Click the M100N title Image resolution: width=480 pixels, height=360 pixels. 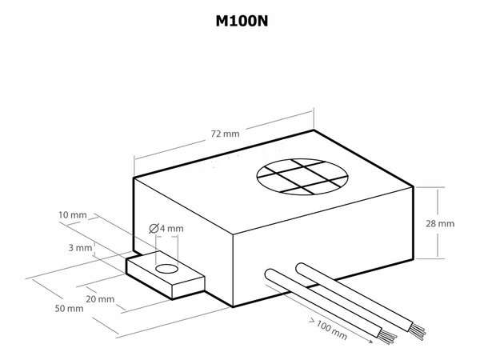[242, 21]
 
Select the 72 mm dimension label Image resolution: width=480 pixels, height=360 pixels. [225, 134]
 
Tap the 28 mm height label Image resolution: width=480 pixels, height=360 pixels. [440, 223]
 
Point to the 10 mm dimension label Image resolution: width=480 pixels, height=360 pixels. [73, 215]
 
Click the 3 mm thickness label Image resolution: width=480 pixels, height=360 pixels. [80, 248]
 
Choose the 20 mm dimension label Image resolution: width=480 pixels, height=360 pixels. [100, 298]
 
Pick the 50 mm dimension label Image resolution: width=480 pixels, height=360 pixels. [69, 308]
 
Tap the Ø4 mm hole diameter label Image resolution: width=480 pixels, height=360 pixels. [166, 228]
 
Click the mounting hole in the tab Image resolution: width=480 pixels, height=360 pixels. [167, 269]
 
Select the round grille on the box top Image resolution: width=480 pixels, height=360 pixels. [302, 177]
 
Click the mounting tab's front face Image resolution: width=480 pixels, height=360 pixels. [189, 288]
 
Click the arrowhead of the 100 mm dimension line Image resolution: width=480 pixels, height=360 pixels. [370, 341]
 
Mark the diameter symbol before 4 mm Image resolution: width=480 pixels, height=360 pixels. [154, 229]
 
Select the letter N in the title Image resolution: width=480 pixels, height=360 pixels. [263, 21]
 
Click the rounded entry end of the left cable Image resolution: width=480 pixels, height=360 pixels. [271, 274]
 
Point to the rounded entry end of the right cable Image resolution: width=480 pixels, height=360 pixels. [302, 269]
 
